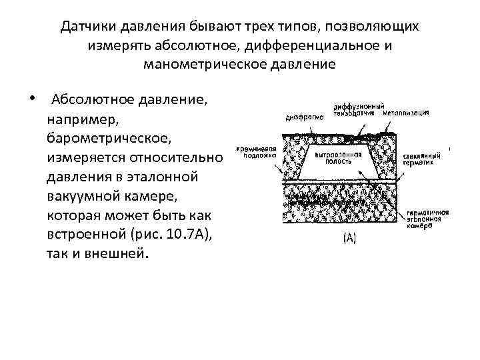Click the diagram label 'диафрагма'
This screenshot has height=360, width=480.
click(x=304, y=115)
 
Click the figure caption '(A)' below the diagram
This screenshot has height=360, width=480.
click(x=349, y=238)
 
